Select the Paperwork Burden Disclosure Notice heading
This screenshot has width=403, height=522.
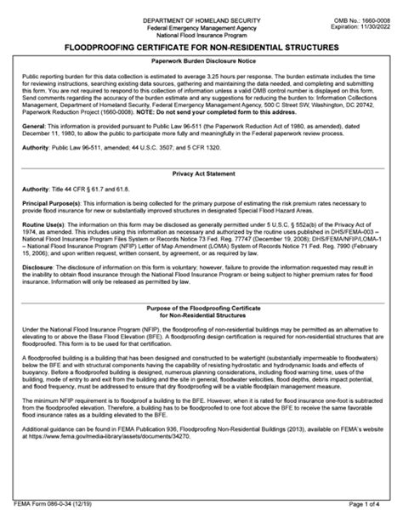(201, 63)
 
